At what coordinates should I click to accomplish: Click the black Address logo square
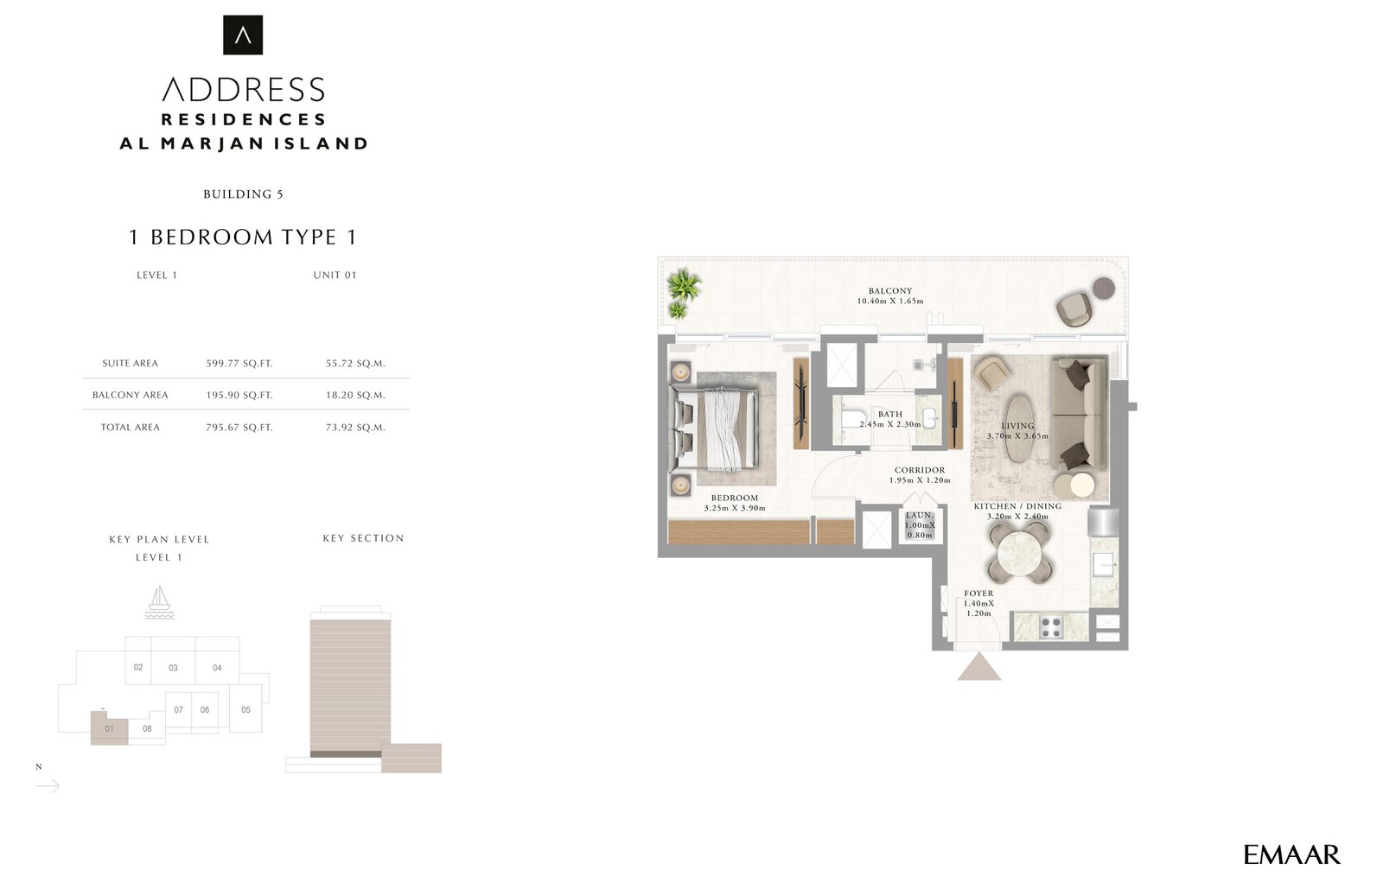click(243, 35)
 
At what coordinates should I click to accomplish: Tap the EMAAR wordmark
click(1291, 855)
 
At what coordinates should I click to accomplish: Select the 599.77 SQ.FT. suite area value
click(239, 364)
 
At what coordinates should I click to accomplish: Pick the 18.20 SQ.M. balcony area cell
click(355, 395)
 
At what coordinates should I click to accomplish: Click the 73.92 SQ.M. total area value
click(355, 427)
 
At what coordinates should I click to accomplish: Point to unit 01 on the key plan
click(109, 728)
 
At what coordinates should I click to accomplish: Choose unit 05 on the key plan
click(245, 709)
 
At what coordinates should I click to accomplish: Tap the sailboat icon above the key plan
click(159, 603)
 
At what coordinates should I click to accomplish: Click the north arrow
click(48, 786)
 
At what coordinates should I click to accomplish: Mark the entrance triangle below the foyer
click(979, 667)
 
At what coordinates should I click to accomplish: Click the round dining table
click(1019, 554)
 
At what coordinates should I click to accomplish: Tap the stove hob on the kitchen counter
click(1051, 627)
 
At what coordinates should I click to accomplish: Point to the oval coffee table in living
click(1019, 428)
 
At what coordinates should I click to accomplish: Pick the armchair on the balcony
click(1076, 308)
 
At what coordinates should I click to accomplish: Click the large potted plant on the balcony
click(684, 286)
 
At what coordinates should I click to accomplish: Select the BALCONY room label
click(890, 290)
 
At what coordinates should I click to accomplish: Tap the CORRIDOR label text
click(920, 470)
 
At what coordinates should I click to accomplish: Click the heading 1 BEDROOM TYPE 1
click(243, 237)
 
